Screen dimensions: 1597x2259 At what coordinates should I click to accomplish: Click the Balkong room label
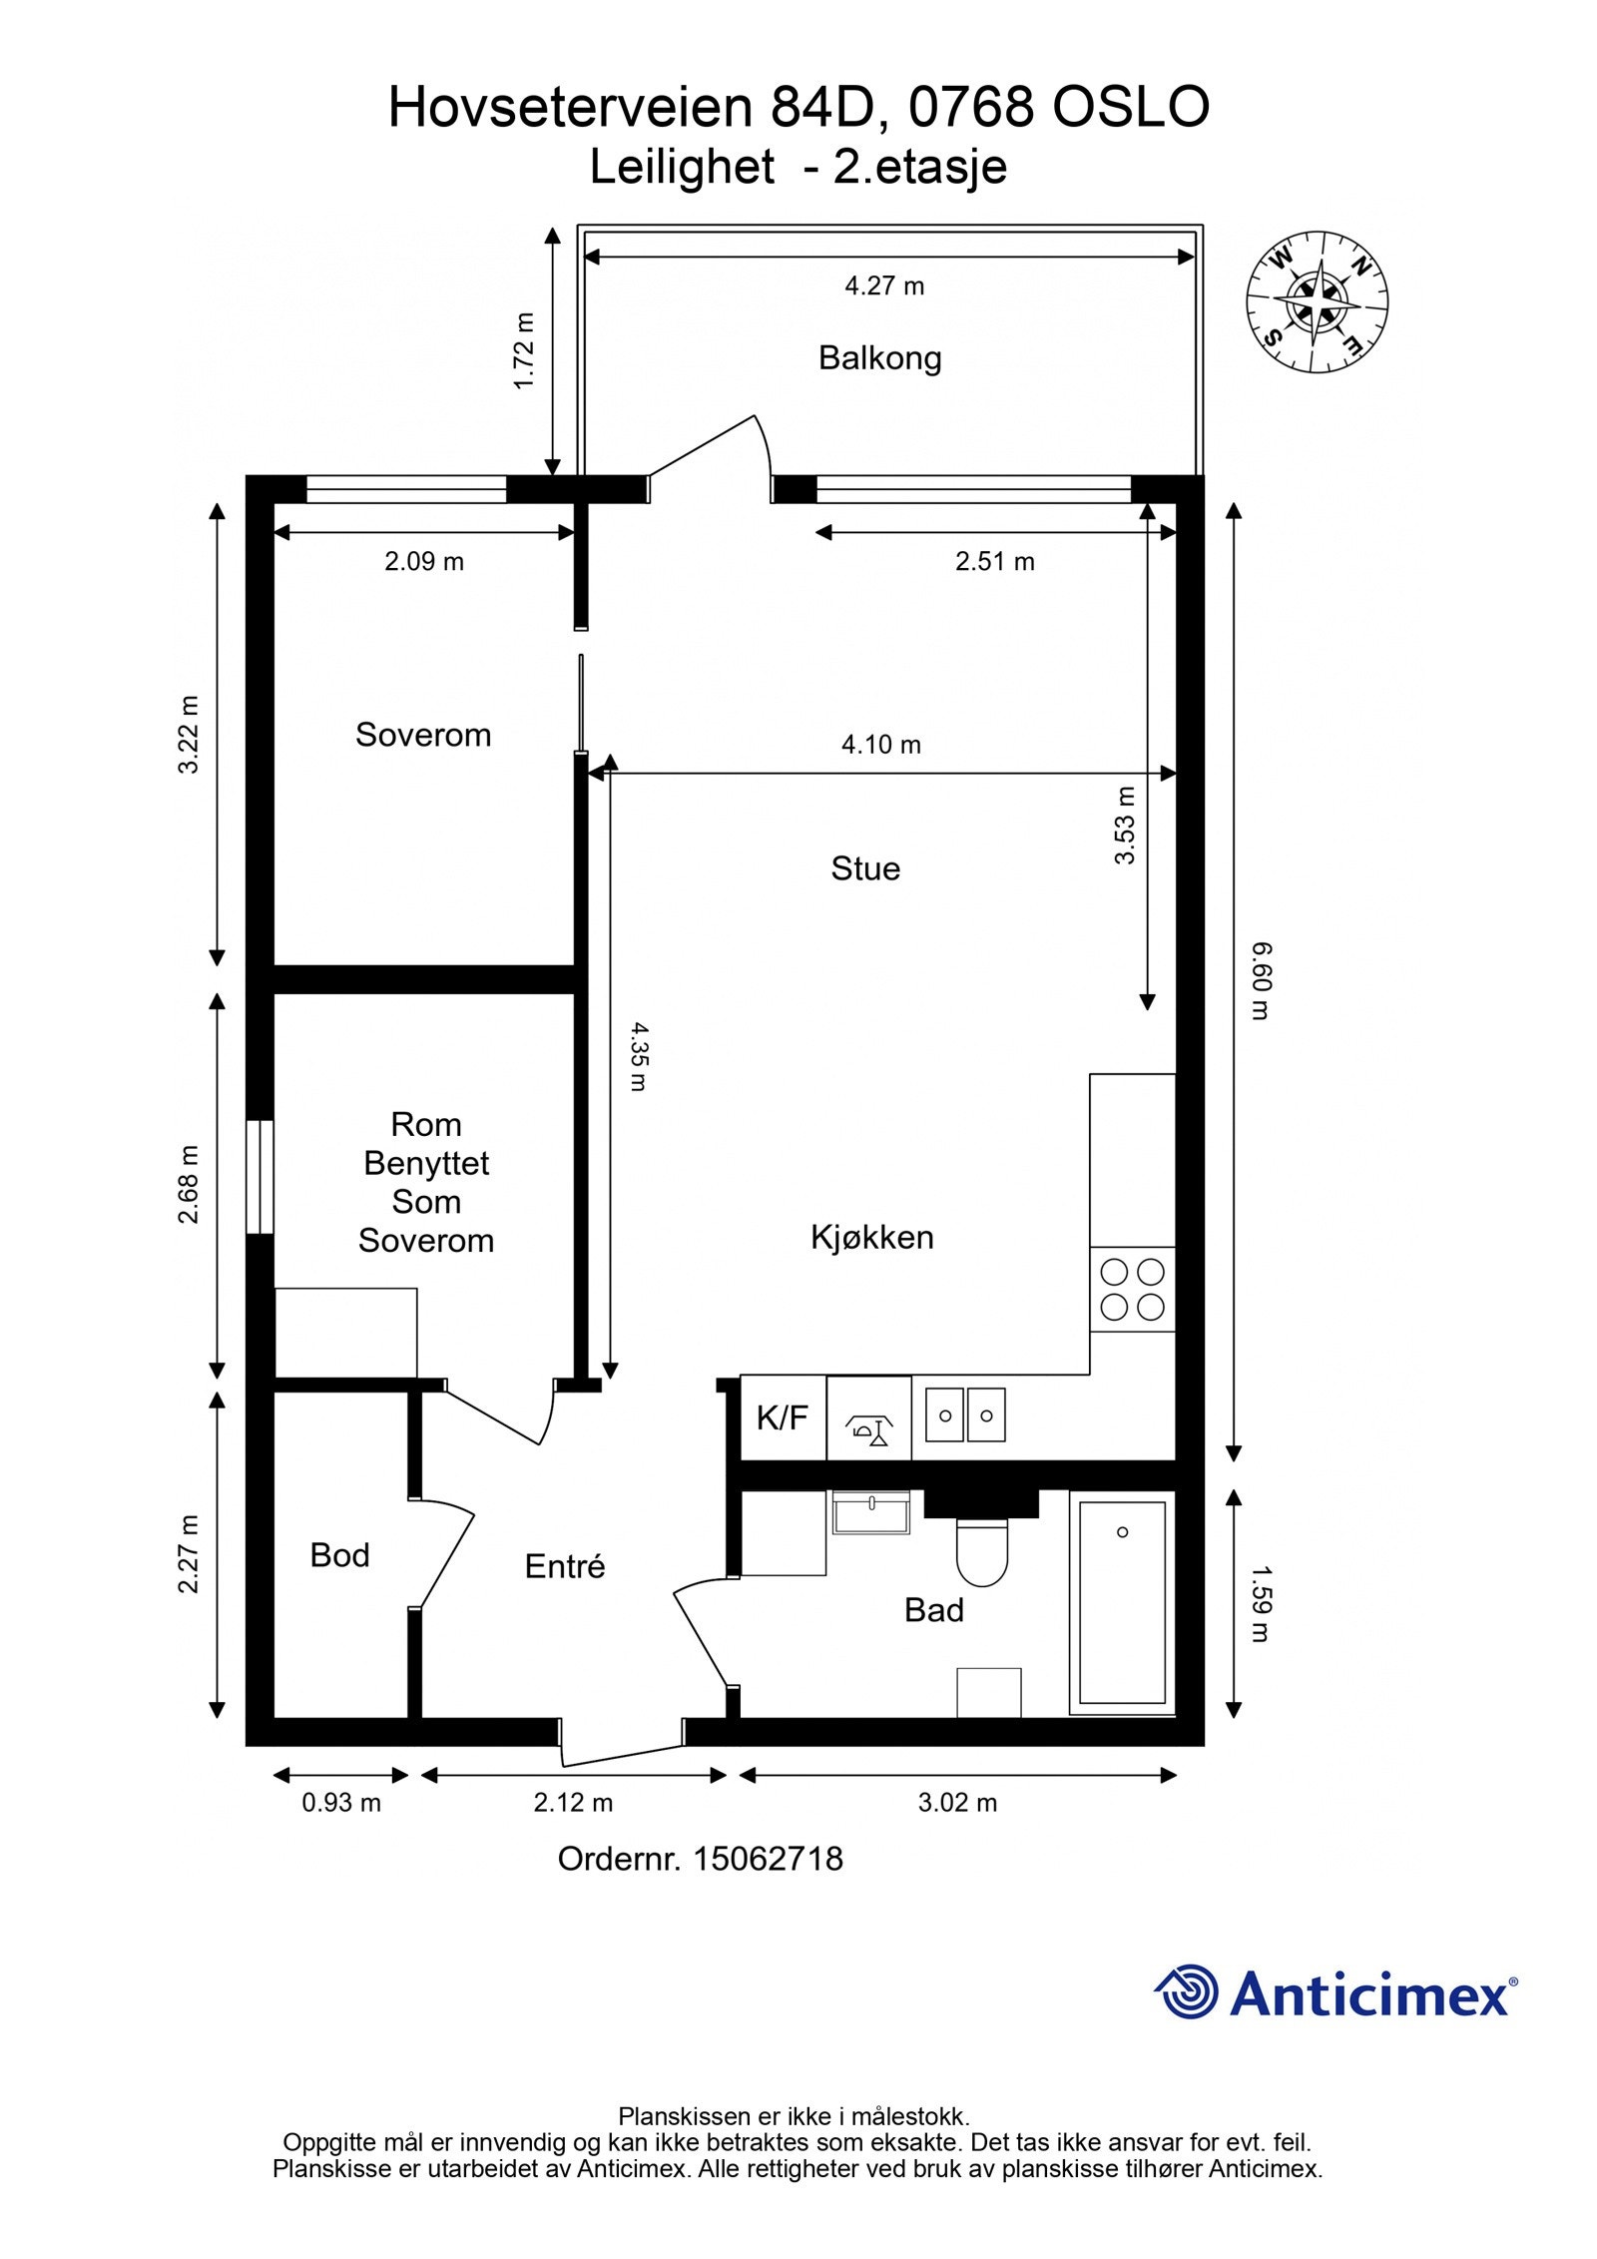(879, 357)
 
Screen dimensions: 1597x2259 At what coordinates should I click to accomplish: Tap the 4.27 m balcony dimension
(884, 286)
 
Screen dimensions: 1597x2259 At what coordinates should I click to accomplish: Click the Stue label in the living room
(865, 868)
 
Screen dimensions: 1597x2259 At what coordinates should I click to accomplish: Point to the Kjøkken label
(872, 1238)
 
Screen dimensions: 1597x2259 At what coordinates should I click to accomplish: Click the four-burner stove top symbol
(1133, 1289)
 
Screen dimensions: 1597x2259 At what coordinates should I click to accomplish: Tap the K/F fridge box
(783, 1417)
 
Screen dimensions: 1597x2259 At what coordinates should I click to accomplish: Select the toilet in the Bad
(982, 1552)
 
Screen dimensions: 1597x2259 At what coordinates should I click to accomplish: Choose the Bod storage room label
(339, 1555)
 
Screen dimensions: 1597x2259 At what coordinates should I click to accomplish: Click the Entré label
(565, 1566)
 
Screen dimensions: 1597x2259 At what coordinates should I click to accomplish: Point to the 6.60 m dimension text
(1260, 980)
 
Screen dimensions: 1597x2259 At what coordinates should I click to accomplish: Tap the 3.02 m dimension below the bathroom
(957, 1803)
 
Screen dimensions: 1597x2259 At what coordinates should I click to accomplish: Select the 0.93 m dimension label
(341, 1803)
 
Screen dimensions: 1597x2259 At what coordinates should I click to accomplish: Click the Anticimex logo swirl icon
(1187, 1992)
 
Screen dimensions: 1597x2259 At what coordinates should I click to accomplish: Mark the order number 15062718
(769, 1859)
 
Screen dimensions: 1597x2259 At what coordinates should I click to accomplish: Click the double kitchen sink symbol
(965, 1414)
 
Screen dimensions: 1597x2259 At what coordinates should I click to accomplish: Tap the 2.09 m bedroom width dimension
(424, 562)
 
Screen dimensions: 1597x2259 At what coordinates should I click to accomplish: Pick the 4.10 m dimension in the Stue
(881, 745)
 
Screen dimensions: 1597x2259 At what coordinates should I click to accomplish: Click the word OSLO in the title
(1132, 108)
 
